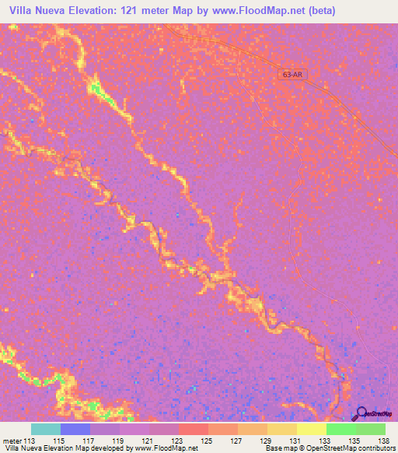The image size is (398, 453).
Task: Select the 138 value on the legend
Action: (x=384, y=441)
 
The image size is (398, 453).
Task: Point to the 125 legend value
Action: (x=207, y=441)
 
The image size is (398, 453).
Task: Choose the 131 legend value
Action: (x=295, y=441)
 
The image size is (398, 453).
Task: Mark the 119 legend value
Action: (x=119, y=441)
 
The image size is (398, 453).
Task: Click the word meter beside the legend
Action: (x=12, y=441)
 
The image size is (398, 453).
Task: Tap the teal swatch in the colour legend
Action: (x=45, y=429)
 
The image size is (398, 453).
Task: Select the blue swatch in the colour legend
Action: (x=75, y=429)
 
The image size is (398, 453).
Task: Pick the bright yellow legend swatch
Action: (x=311, y=429)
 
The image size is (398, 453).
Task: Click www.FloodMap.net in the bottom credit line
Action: (x=166, y=448)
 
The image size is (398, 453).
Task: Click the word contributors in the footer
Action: (x=379, y=448)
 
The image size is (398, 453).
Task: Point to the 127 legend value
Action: (x=236, y=441)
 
